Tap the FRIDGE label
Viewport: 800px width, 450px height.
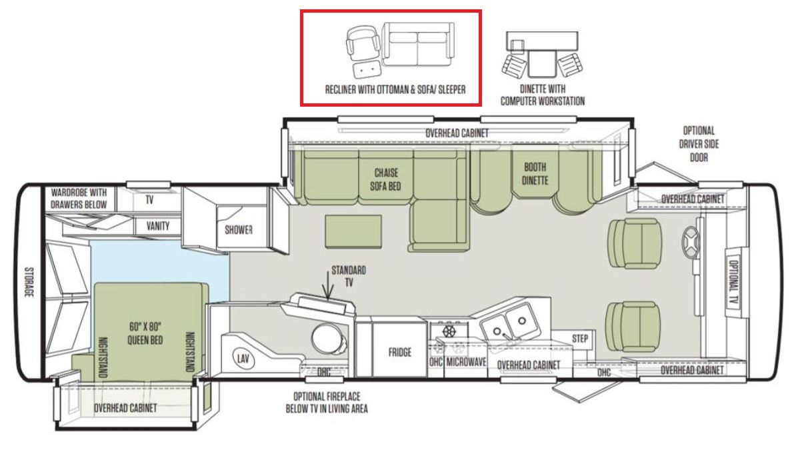point(399,353)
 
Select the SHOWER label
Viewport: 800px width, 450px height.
point(239,230)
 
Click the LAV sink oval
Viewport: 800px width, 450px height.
point(243,358)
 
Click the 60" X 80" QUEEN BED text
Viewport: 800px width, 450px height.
point(145,333)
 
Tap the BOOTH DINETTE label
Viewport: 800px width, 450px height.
point(535,174)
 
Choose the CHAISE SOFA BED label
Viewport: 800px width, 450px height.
point(386,179)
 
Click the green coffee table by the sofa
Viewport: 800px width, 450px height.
point(353,231)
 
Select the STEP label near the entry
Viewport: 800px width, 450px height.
point(579,339)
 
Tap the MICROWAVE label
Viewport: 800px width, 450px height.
point(466,362)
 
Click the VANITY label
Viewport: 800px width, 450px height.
point(158,226)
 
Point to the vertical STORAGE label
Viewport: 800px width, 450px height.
point(29,282)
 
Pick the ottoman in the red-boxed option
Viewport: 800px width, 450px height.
point(367,71)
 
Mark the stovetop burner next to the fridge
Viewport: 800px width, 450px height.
point(449,331)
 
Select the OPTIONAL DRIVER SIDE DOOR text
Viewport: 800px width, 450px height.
point(699,144)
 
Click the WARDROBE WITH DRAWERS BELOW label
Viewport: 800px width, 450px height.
point(79,199)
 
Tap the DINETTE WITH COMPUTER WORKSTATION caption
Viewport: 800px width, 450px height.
point(543,95)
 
